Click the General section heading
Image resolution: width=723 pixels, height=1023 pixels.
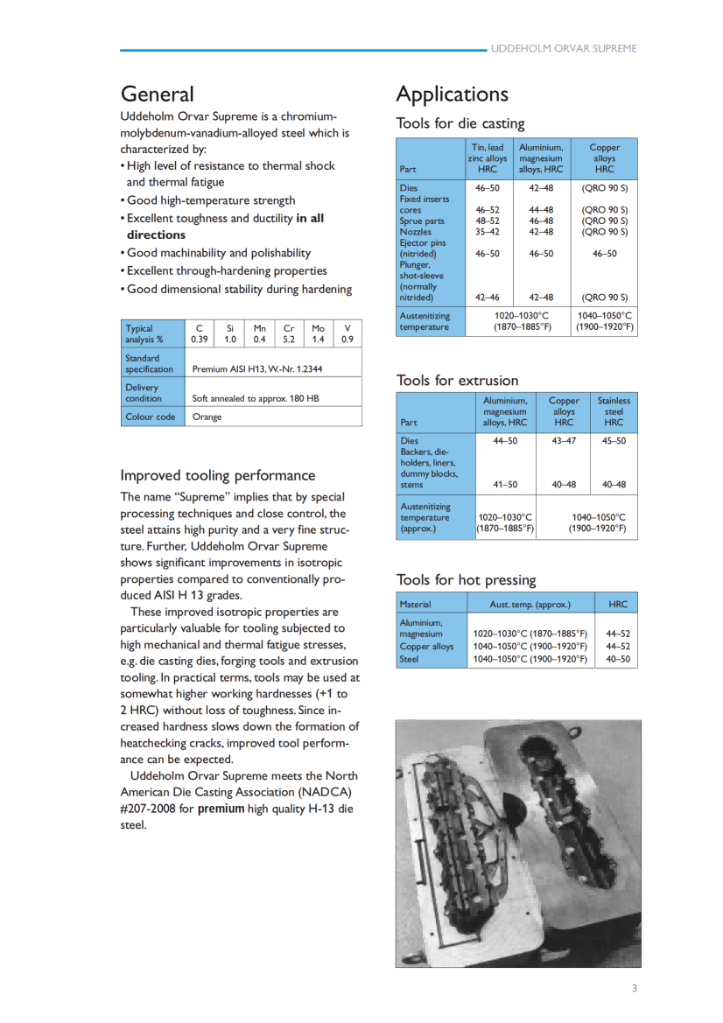158,94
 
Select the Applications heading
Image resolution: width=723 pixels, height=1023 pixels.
452,94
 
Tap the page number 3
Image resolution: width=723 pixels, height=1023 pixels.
635,989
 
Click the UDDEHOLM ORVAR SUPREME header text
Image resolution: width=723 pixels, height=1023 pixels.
564,49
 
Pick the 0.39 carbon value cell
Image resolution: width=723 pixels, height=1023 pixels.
200,340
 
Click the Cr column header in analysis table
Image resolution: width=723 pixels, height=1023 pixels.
289,329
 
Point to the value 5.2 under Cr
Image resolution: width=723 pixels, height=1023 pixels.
289,340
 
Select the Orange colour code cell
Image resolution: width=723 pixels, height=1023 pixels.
207,417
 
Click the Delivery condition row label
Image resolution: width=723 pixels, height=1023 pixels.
143,393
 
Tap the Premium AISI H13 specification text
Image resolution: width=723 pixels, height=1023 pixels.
256,369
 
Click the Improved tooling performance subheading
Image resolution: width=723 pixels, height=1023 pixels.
217,475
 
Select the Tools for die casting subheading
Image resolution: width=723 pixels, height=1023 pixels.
460,123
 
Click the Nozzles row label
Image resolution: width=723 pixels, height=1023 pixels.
417,232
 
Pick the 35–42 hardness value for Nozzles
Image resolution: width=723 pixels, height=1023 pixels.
488,232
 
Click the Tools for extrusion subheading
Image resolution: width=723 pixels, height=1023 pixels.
457,380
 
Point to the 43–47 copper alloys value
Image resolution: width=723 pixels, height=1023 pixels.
564,441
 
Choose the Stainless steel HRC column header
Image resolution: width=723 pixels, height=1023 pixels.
614,411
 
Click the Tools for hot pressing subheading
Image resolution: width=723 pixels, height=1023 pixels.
466,579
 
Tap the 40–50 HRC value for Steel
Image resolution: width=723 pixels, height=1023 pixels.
617,659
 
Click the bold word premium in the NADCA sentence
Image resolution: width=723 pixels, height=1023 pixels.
221,809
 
